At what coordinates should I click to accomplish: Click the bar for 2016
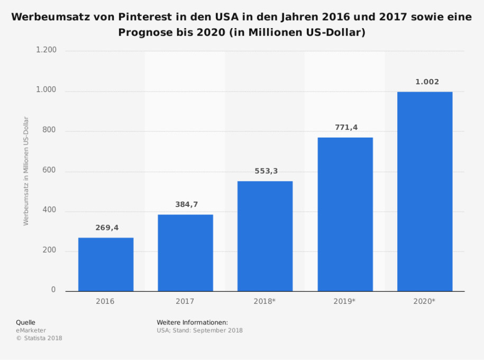(106, 264)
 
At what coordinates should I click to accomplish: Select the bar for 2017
(185, 253)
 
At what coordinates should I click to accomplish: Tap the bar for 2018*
(264, 236)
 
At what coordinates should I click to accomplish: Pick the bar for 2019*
(345, 214)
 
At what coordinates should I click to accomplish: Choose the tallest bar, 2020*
(425, 192)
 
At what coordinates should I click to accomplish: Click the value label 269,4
(107, 228)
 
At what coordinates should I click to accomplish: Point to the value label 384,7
(186, 204)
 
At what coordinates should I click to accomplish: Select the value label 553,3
(266, 171)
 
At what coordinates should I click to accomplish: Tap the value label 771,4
(346, 128)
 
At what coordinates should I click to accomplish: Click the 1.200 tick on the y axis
(46, 50)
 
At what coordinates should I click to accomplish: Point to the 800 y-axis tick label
(49, 131)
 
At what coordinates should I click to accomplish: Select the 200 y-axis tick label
(49, 250)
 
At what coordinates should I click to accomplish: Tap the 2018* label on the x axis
(265, 301)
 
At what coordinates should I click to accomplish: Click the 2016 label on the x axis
(105, 301)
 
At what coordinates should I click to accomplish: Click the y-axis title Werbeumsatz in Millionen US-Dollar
(26, 171)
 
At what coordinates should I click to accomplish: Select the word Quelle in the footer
(25, 322)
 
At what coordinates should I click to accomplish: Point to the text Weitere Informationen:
(192, 322)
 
